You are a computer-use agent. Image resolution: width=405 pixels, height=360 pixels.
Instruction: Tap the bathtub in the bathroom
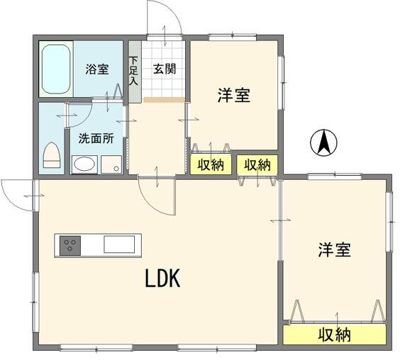[x=55, y=69]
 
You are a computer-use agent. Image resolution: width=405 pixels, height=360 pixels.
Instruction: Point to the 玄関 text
[x=165, y=69]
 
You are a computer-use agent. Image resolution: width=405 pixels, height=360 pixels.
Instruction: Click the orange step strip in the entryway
[x=164, y=100]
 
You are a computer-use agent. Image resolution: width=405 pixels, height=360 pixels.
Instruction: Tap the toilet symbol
[x=52, y=154]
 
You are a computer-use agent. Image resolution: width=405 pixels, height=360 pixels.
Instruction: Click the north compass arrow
[x=323, y=143]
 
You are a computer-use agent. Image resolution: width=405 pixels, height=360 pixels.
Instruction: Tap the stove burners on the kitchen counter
[x=70, y=245]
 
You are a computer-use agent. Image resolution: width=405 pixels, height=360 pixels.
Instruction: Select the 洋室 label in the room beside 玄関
[x=233, y=96]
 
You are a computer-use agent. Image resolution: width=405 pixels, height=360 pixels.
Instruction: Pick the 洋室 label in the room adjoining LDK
[x=334, y=249]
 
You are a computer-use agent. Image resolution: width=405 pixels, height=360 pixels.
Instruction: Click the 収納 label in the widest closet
[x=334, y=335]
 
